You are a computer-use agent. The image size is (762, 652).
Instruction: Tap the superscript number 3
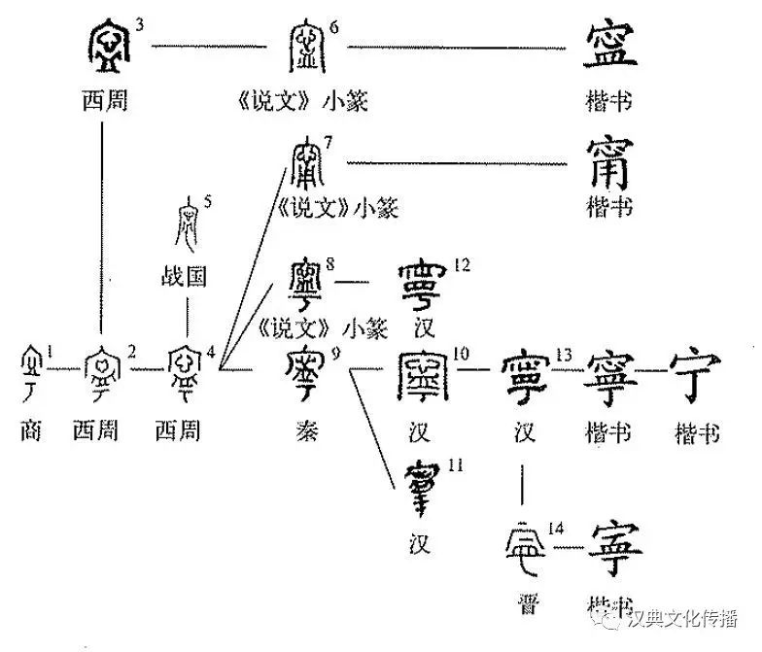pyautogui.click(x=141, y=23)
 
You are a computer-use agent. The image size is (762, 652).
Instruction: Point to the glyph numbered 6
pyautogui.click(x=308, y=47)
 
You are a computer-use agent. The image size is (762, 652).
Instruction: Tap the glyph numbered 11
pyautogui.click(x=425, y=490)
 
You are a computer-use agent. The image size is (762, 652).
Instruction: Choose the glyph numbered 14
pyautogui.click(x=527, y=551)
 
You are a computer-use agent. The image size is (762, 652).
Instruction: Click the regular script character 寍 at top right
pyautogui.click(x=610, y=48)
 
